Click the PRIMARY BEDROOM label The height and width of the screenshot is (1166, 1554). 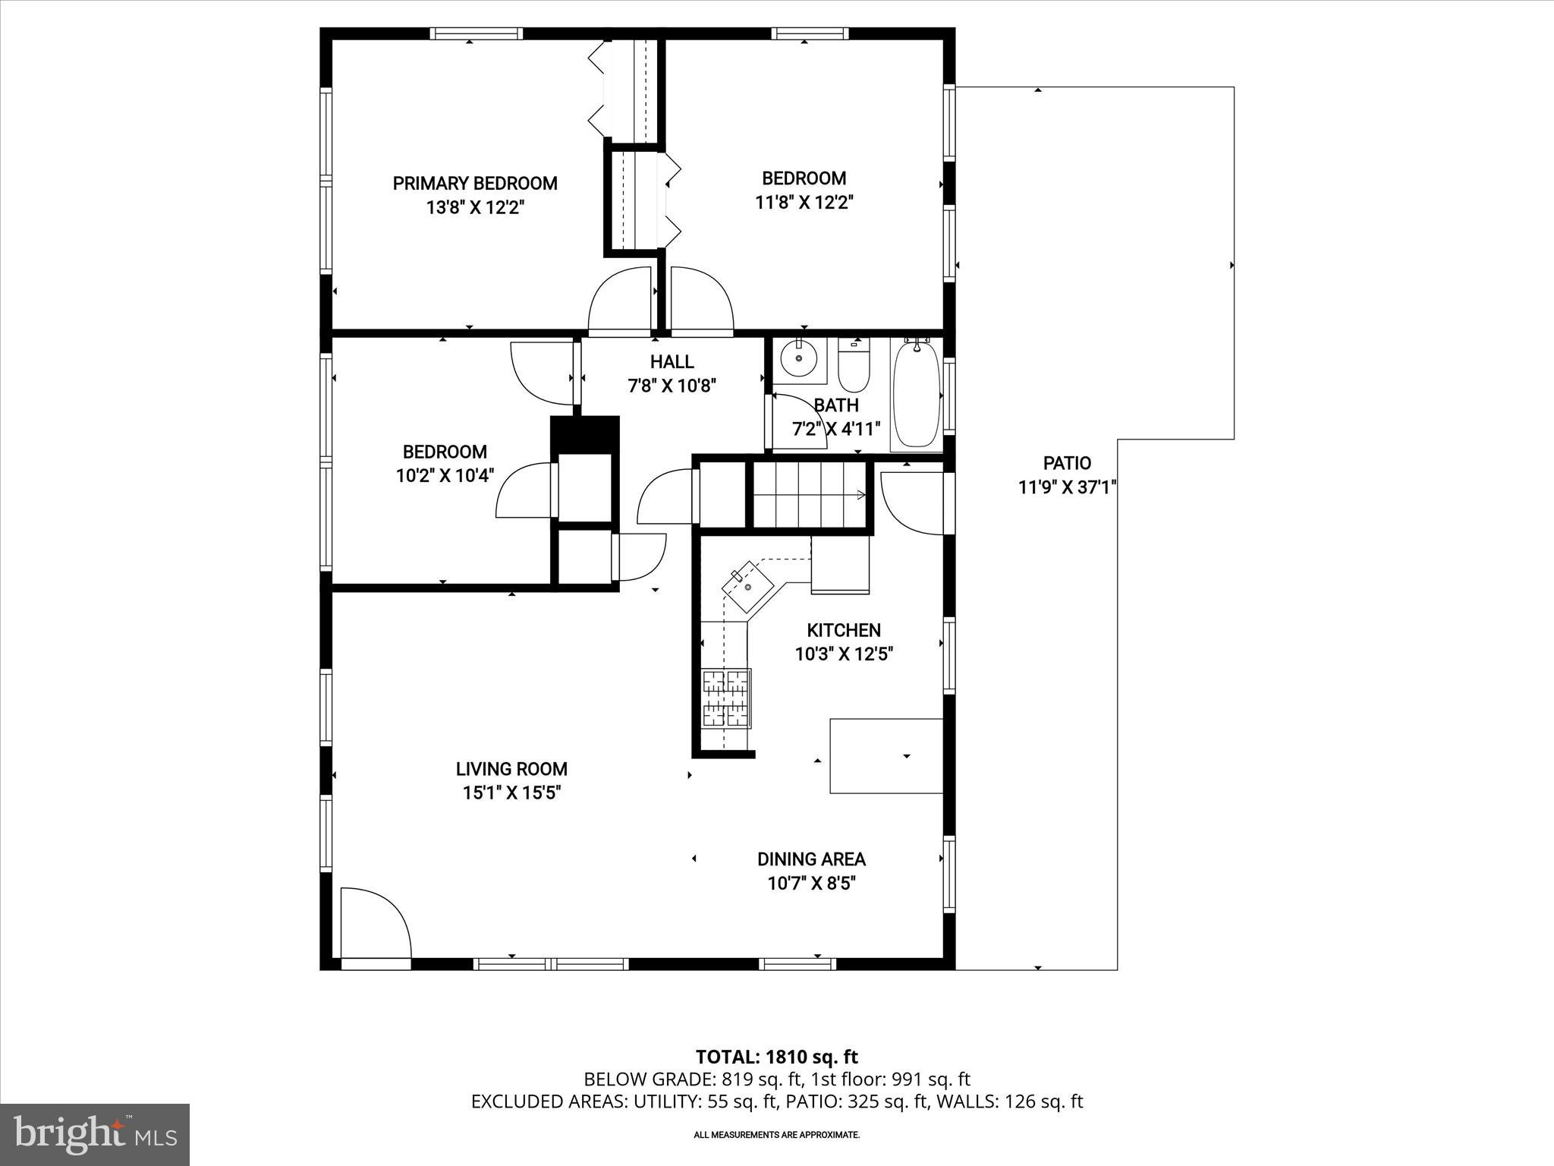pos(475,183)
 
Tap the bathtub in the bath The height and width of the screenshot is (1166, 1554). pos(916,395)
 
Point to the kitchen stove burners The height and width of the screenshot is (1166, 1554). pos(726,698)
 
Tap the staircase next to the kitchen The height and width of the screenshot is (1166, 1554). pos(810,495)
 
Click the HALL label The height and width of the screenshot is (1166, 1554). pos(672,362)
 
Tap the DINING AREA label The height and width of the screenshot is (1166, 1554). pos(811,859)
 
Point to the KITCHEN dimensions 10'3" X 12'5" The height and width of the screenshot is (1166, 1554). pos(844,654)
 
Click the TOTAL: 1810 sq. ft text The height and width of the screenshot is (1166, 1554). pos(776,1057)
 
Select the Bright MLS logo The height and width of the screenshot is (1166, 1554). pos(95,1134)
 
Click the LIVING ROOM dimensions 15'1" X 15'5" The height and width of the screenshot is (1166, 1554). pos(511,793)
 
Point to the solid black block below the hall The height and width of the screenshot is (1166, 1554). pos(584,434)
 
